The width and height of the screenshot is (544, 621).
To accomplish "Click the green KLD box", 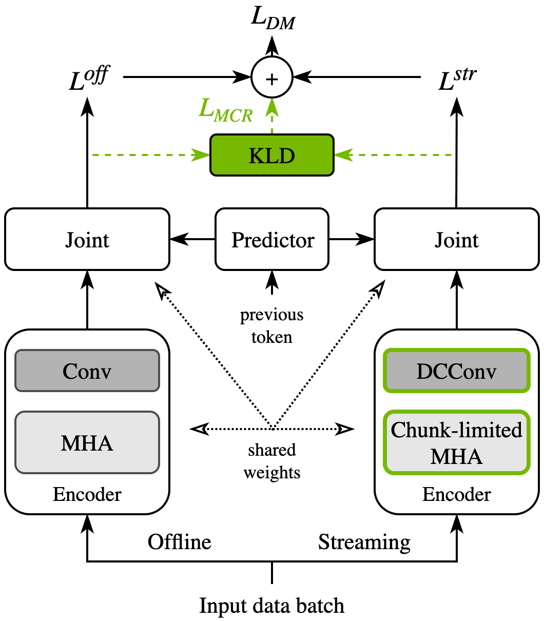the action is [x=272, y=155].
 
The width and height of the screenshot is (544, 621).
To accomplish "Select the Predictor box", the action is [x=272, y=239].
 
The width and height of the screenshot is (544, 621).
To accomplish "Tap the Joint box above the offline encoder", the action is [x=87, y=239].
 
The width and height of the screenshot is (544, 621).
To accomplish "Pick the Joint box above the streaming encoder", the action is [x=457, y=239].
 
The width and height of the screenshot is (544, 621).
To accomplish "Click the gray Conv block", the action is [x=87, y=371].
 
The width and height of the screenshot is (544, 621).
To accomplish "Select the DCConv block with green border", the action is [x=457, y=371].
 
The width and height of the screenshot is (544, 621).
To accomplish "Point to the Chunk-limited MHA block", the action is [x=457, y=442].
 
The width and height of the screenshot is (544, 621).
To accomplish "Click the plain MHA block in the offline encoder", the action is [x=87, y=442].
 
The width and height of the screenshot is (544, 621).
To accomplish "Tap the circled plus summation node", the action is [x=272, y=77].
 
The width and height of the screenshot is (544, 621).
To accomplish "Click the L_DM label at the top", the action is [x=273, y=18].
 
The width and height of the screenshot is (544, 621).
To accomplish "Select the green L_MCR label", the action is [x=226, y=110].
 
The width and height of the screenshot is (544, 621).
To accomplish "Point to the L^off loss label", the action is [x=89, y=78].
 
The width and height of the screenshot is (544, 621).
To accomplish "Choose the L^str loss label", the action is [x=457, y=79].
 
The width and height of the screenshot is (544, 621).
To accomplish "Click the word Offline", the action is [x=179, y=542].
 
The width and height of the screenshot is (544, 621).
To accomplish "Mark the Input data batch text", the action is [x=272, y=606].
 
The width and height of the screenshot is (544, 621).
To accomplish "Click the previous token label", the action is [x=272, y=326].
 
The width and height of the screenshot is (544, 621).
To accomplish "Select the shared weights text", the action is [x=272, y=461].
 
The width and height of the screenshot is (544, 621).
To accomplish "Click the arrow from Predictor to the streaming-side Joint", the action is [x=352, y=239].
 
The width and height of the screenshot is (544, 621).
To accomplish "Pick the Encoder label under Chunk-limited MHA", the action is [x=457, y=494].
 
